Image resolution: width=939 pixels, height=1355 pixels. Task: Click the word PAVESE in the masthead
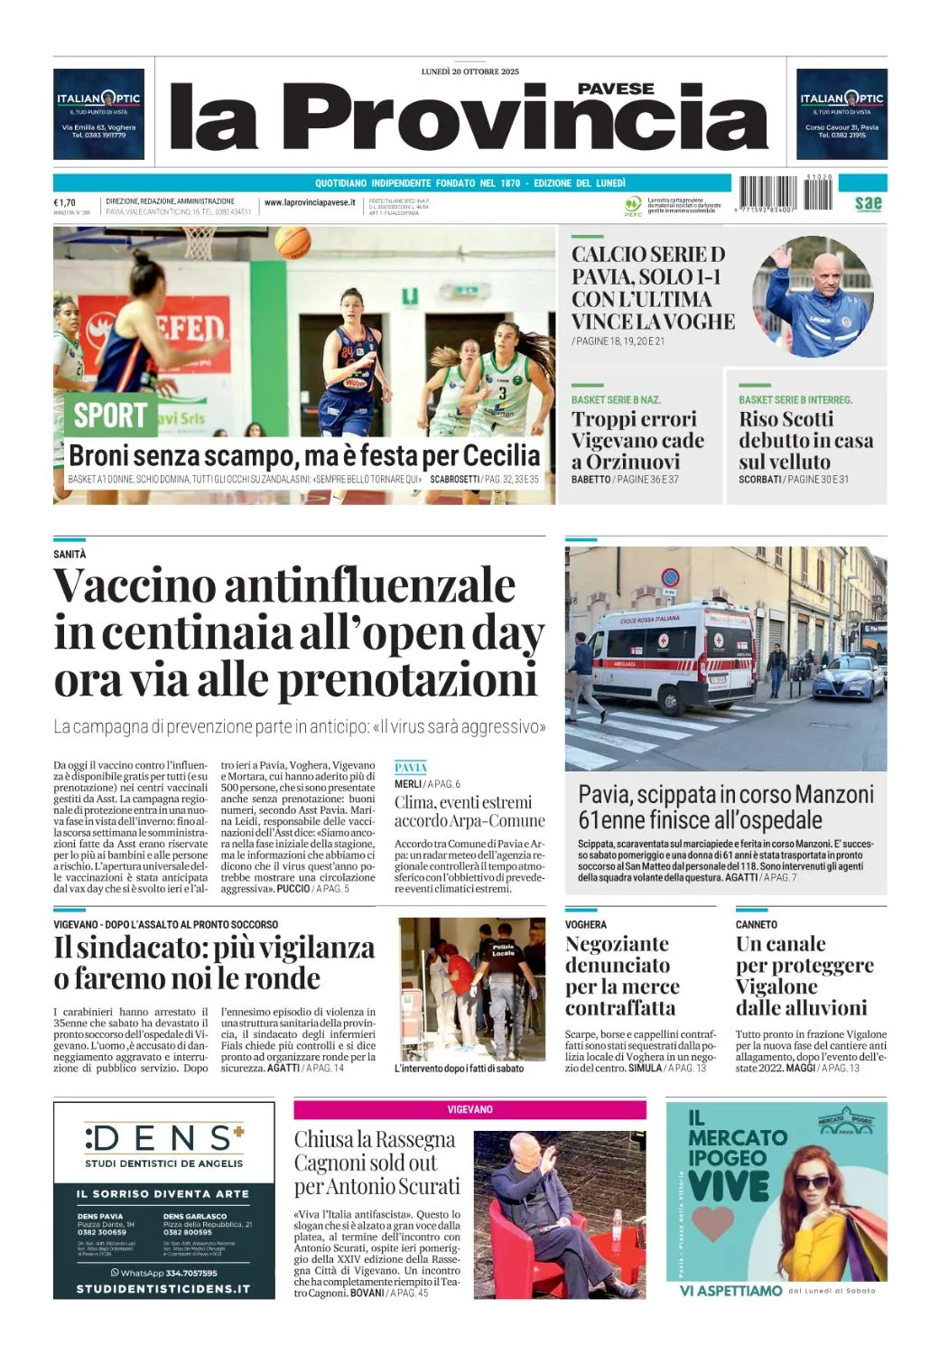pos(616,89)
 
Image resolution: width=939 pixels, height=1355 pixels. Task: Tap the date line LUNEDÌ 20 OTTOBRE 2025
pos(469,71)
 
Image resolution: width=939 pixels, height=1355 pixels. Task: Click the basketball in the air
pos(292,242)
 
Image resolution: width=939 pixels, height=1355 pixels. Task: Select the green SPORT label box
pos(110,415)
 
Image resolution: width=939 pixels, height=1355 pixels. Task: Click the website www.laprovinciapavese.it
pos(310,203)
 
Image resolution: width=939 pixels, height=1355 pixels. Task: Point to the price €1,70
pos(65,203)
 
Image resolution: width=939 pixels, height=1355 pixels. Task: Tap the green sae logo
pos(868,203)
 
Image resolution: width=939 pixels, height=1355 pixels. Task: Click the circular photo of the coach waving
pos(813,296)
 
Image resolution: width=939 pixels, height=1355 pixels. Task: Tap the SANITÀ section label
pos(70,554)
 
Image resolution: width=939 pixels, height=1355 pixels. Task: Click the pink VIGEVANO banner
pos(469,1109)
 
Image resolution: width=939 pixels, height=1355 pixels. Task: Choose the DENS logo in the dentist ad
pos(163,1137)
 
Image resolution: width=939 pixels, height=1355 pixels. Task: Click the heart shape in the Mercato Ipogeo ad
pos(712,1223)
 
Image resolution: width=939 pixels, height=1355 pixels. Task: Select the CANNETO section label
pos(757,925)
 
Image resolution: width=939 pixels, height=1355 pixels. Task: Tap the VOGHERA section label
pos(586,925)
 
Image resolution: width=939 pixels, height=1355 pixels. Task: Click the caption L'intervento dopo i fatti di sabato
pos(459,1069)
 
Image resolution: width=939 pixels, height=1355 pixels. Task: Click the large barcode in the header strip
pos(767,193)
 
